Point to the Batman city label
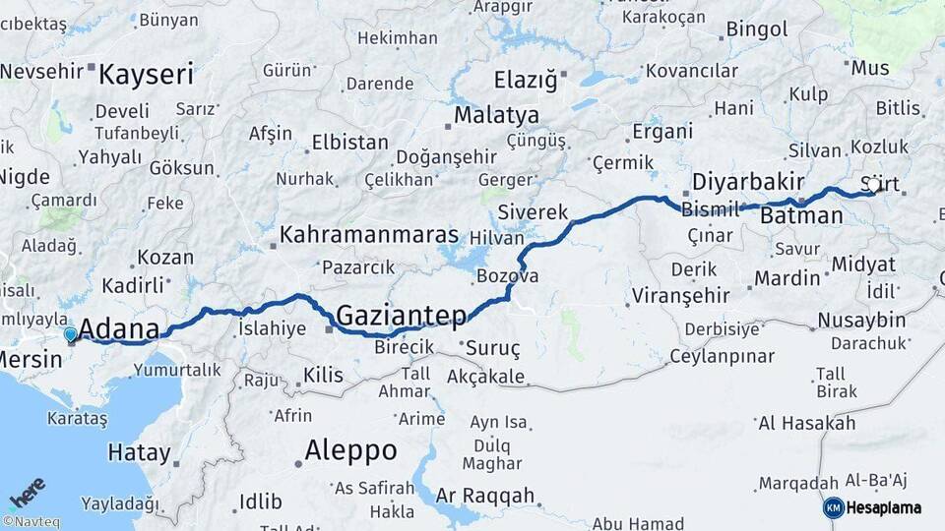[802, 215]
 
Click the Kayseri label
[147, 75]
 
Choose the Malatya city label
[496, 115]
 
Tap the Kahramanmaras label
[369, 235]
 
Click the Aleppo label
[350, 451]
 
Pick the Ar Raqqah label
[485, 496]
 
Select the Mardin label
[787, 278]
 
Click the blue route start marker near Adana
[70, 334]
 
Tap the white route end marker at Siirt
[873, 185]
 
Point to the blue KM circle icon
[833, 508]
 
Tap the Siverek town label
[534, 212]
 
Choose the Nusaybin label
[861, 321]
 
